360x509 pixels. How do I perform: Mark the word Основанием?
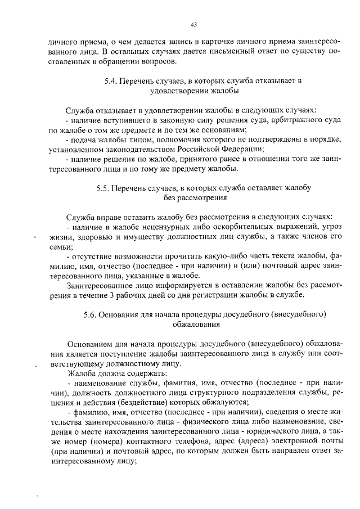click(x=89, y=344)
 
